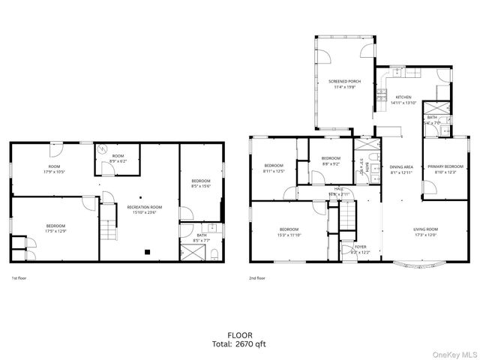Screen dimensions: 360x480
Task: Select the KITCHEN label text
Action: (403, 97)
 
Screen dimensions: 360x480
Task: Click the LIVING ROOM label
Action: (425, 229)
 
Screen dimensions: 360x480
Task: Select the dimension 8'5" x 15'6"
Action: (200, 186)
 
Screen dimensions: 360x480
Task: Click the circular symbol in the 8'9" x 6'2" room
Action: (103, 149)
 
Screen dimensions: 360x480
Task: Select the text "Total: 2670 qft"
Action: (240, 344)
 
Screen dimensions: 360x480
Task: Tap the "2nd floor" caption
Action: (257, 278)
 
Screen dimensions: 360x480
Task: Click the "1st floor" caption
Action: (19, 278)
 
